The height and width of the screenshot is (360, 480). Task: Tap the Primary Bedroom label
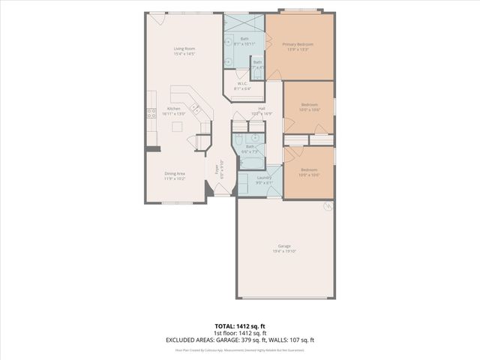298,45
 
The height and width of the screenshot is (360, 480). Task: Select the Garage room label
284,245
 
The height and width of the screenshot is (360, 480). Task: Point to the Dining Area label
175,173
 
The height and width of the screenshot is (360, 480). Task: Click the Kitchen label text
174,109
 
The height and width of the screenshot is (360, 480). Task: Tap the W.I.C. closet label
243,84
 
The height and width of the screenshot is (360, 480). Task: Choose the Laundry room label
263,178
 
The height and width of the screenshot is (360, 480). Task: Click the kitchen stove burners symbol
151,113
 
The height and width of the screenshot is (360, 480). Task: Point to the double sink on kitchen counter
199,109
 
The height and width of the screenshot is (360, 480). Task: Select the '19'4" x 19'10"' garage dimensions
284,251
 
